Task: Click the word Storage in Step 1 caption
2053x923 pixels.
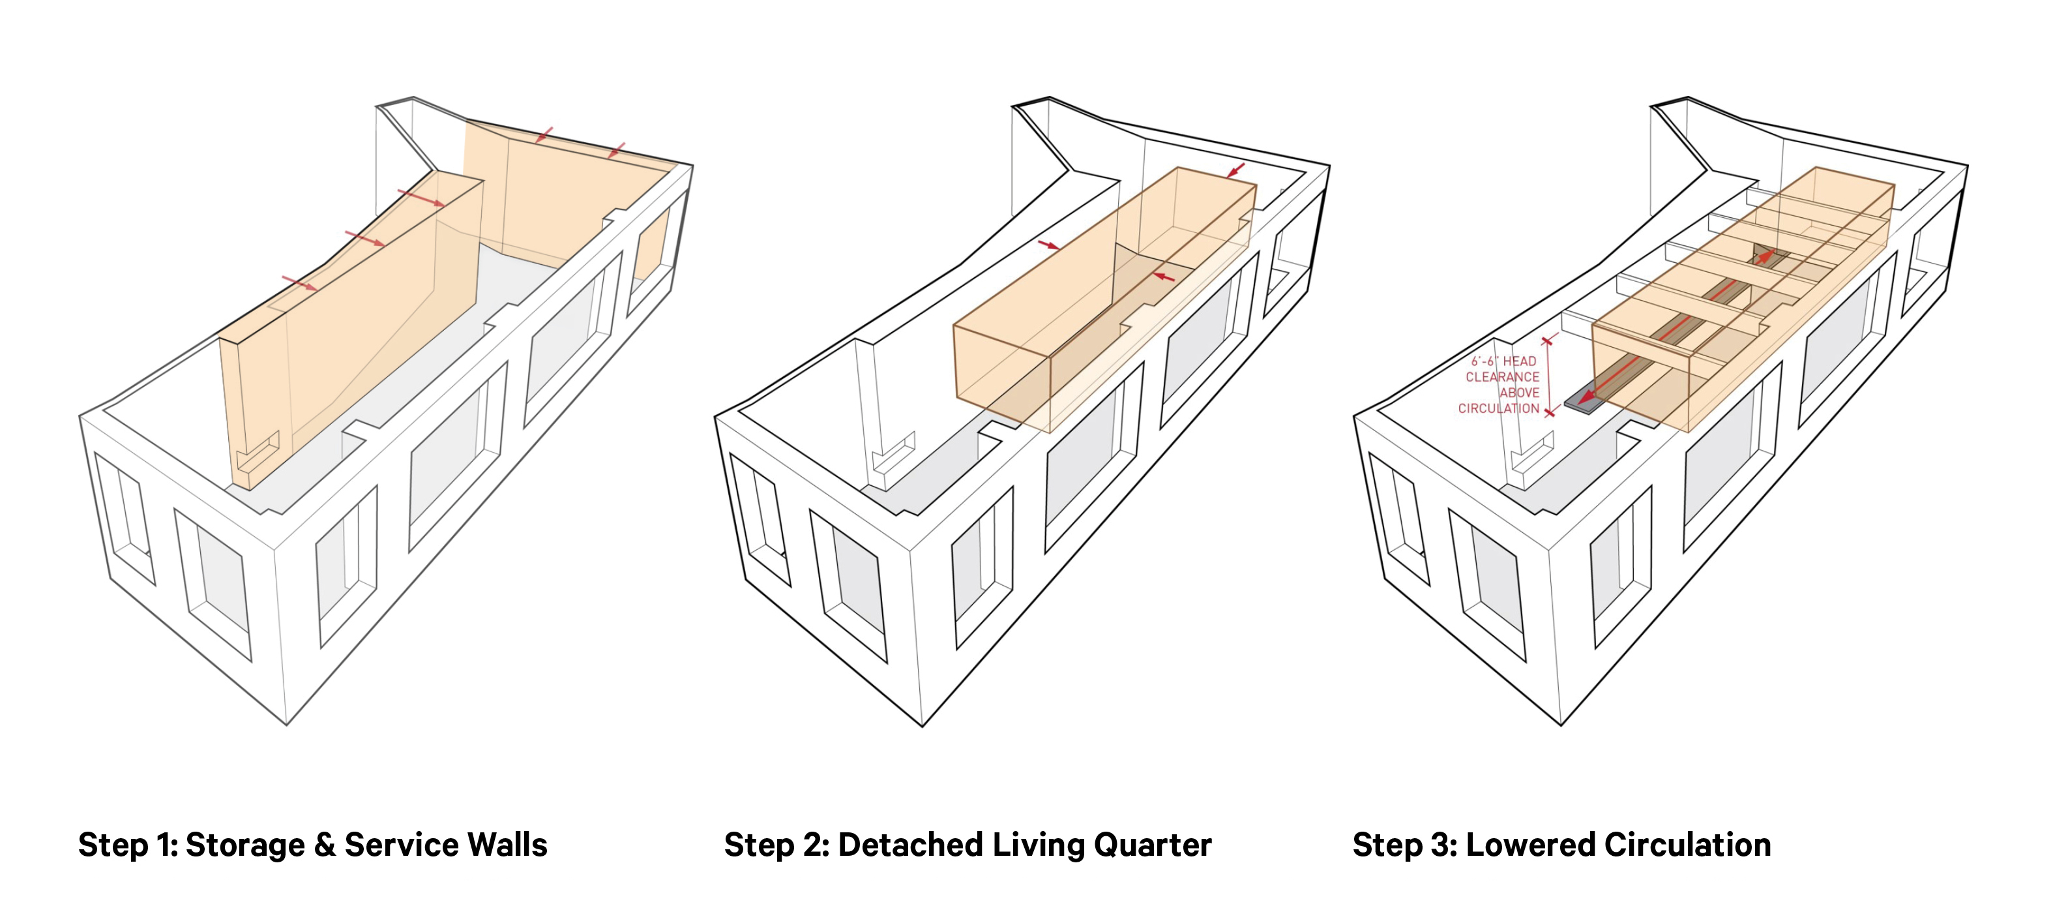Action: (x=244, y=845)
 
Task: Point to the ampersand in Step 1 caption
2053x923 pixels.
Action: (x=325, y=845)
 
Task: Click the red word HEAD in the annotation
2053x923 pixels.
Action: (x=1519, y=362)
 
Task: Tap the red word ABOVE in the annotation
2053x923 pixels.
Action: (x=1519, y=393)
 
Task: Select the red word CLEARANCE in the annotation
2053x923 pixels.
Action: (x=1502, y=377)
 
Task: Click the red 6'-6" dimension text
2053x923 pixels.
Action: (x=1484, y=362)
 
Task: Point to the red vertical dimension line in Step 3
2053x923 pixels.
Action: (x=1548, y=376)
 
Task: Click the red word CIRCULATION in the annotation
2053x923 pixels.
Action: (x=1498, y=409)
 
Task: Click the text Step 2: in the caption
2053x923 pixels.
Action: (x=776, y=845)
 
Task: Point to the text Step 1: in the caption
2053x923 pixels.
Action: (x=128, y=845)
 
